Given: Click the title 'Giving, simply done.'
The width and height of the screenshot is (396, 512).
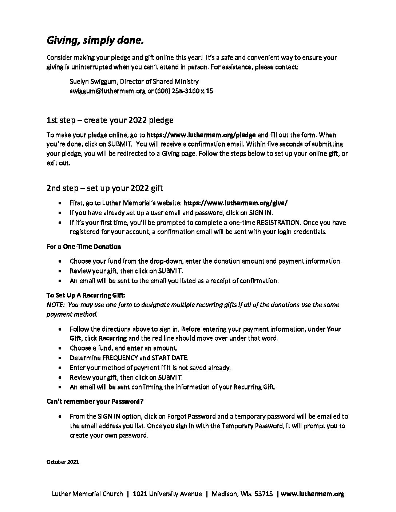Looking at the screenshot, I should coord(95,41).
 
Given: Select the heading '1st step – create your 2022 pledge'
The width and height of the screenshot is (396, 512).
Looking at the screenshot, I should coord(110,120).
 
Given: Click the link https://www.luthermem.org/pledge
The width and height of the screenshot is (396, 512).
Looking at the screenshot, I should coord(201,135).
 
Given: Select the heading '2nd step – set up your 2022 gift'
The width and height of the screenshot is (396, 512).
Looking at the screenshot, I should coord(105,188).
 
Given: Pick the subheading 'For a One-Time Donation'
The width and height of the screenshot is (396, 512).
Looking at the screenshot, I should coord(84,247).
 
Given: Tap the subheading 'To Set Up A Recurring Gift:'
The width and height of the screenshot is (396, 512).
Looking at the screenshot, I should coord(86,295).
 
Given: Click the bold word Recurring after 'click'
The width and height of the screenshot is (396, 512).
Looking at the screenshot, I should coord(112,338).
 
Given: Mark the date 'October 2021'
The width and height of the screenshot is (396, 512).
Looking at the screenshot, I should coord(63,462).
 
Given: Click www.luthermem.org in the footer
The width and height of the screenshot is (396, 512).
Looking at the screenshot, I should coord(312,494).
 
